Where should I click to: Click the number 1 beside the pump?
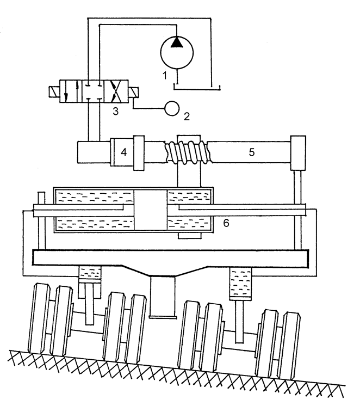[x=165, y=76]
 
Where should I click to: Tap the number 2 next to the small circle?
[x=187, y=116]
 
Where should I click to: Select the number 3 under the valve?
[x=115, y=111]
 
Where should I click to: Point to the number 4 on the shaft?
[x=123, y=152]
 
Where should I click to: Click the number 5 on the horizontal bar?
[x=252, y=152]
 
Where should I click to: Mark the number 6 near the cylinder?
[x=226, y=223]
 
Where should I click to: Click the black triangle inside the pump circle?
[x=177, y=42]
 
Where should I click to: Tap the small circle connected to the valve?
[x=172, y=108]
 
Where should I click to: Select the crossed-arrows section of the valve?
[x=116, y=91]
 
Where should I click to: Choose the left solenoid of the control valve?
[x=54, y=91]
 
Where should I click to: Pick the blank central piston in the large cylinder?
[x=151, y=210]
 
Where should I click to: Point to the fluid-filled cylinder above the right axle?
[x=240, y=284]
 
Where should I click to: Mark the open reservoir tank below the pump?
[x=197, y=87]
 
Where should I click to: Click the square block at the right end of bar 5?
[x=298, y=153]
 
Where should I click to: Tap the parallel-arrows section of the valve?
[x=71, y=91]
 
